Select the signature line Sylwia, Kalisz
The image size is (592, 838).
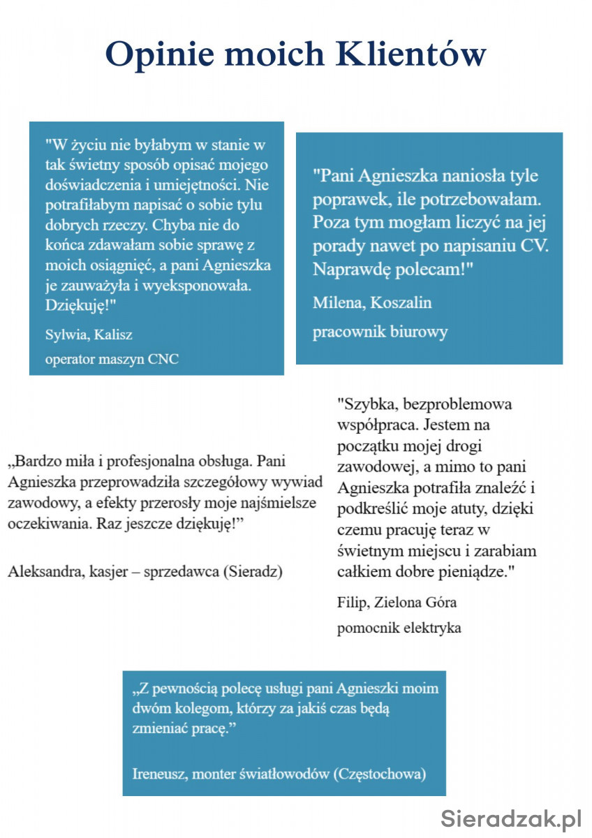click(89, 334)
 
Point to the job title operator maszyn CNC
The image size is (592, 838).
click(112, 360)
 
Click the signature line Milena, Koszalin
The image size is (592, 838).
click(372, 302)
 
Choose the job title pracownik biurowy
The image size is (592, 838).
click(380, 331)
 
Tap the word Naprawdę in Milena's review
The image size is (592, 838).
click(345, 269)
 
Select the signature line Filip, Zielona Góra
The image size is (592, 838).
click(397, 601)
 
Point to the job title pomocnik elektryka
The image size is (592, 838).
click(399, 627)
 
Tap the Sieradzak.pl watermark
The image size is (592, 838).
click(512, 816)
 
